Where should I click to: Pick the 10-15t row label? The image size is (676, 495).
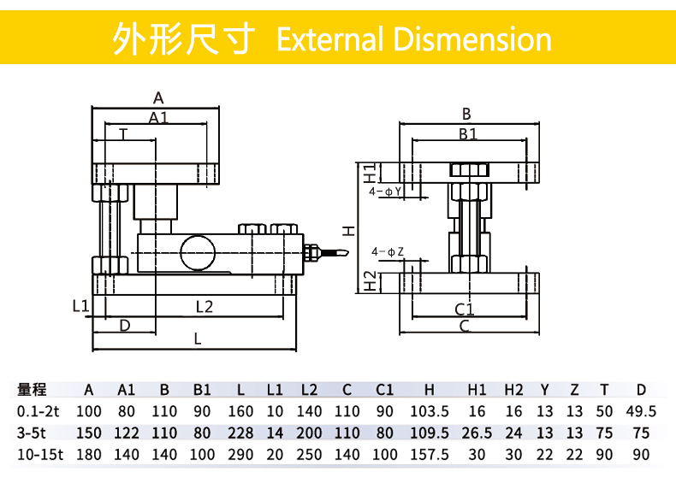pos(40,455)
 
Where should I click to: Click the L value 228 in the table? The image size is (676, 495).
pos(240,433)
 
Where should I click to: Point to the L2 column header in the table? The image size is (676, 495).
pos(309,390)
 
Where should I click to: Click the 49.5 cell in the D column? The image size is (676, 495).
pos(641,411)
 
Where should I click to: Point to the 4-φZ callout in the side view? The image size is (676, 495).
pos(388,252)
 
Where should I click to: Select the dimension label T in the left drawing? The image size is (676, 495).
pos(124,133)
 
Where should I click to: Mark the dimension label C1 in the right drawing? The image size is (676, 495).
pos(464,309)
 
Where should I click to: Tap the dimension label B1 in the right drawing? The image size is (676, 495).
pos(467,133)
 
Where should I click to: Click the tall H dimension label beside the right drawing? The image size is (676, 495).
pos(348,229)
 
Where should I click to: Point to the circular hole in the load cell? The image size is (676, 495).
pos(198,251)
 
